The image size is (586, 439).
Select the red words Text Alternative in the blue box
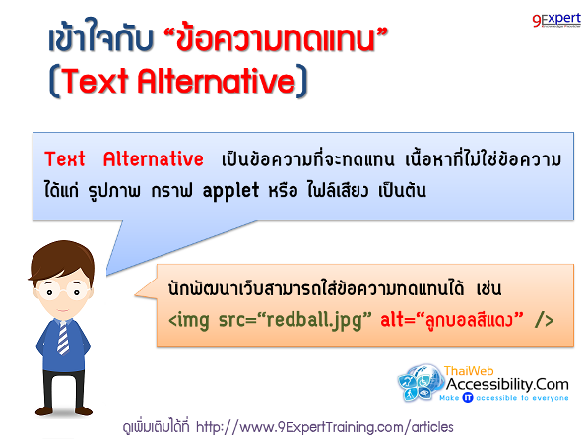pos(123,159)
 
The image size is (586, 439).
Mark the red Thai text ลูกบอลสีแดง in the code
pos(470,319)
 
